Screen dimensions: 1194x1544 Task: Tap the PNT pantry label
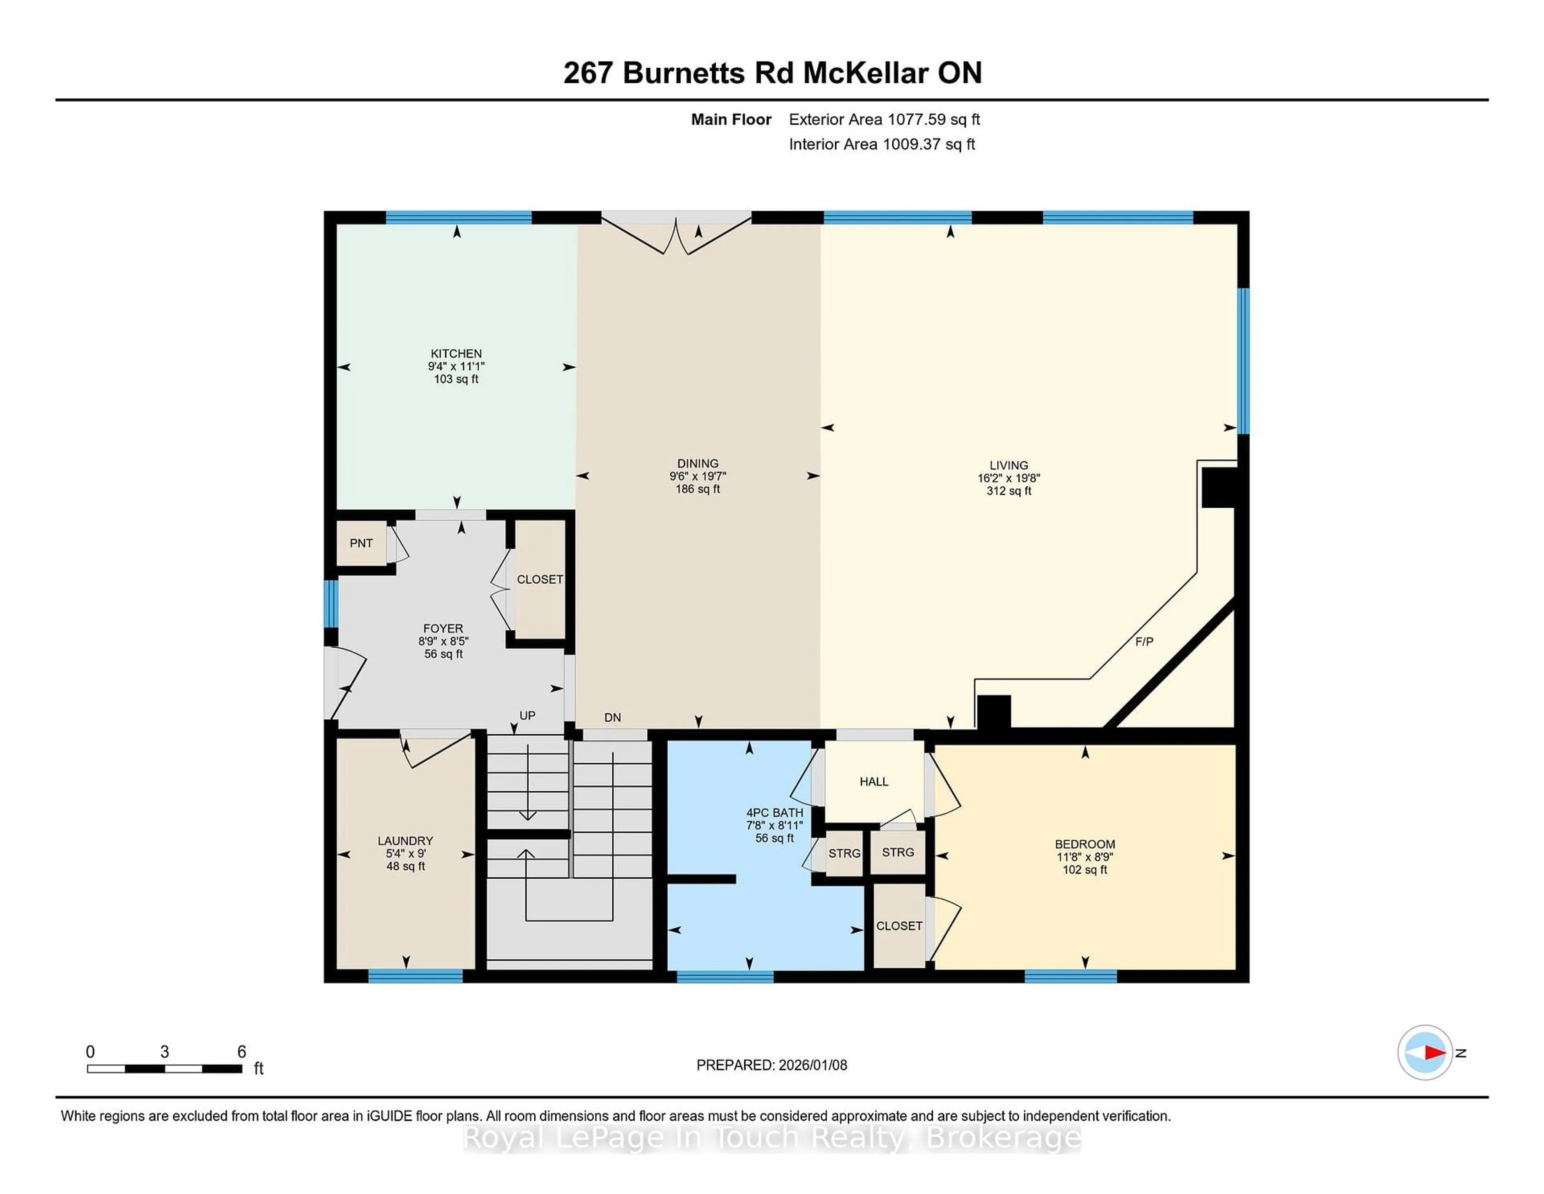pyautogui.click(x=361, y=543)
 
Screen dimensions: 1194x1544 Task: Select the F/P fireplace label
pyautogui.click(x=1144, y=642)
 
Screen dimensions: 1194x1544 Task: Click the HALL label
pyautogui.click(x=874, y=782)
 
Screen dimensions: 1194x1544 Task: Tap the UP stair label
pyautogui.click(x=528, y=716)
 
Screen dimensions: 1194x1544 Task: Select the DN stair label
pyautogui.click(x=612, y=717)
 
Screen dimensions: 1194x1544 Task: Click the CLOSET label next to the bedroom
pyautogui.click(x=899, y=926)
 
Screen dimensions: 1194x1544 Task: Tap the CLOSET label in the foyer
pyautogui.click(x=540, y=579)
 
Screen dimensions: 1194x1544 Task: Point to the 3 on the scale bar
pyautogui.click(x=165, y=1052)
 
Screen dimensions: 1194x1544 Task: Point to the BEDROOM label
pyautogui.click(x=1084, y=844)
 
